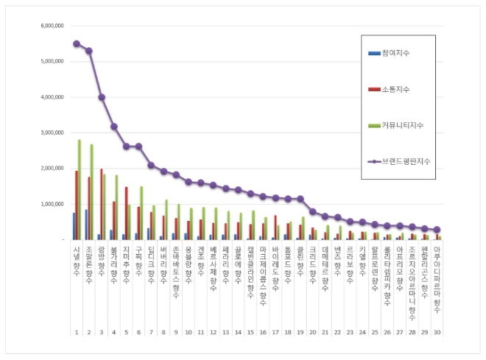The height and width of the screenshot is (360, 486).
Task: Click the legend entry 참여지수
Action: tap(395, 53)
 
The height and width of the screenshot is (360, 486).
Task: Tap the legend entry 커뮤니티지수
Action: tap(402, 124)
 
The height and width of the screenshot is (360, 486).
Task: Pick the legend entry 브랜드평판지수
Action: tap(406, 160)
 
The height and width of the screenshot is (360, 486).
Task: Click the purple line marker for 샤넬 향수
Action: tap(77, 43)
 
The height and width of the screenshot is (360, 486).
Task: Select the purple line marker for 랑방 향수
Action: tap(102, 97)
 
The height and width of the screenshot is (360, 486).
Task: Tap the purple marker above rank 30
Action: tap(437, 230)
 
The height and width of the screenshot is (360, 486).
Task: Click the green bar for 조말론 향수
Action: tap(92, 191)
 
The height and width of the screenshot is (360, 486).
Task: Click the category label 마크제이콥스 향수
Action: tap(264, 270)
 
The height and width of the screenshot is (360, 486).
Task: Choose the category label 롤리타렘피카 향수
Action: tap(387, 270)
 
